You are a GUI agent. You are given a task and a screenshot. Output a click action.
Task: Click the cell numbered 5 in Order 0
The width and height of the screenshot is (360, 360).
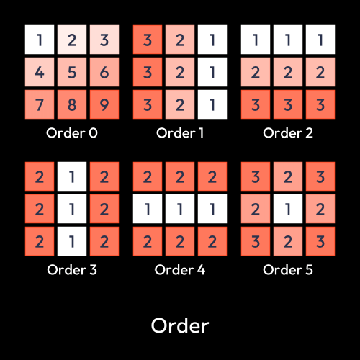(x=72, y=72)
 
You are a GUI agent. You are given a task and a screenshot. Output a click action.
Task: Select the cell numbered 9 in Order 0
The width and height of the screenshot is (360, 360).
(x=104, y=104)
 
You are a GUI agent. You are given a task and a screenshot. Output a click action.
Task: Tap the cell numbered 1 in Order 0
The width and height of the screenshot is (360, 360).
(x=40, y=40)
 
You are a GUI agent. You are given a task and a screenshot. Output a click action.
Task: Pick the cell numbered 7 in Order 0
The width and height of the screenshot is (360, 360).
(x=40, y=104)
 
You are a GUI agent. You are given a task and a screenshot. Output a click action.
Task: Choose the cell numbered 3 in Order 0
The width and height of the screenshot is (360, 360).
(x=104, y=40)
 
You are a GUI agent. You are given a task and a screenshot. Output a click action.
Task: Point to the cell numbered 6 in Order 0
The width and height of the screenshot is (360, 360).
(x=104, y=72)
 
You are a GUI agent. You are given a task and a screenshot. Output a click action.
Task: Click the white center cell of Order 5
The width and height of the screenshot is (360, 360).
(x=288, y=209)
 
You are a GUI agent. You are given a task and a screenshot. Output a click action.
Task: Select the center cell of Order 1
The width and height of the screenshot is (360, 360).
(x=180, y=72)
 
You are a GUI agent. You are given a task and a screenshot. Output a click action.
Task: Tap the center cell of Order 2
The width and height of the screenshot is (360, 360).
(x=288, y=72)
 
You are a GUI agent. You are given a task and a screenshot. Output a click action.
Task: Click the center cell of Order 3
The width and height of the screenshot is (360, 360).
(x=72, y=209)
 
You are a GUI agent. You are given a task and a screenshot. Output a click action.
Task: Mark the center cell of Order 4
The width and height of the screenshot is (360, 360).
(x=180, y=209)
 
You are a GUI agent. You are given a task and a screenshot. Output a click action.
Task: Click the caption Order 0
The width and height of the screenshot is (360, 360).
(x=72, y=133)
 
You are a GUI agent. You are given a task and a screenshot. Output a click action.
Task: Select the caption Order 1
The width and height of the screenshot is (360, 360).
(x=180, y=133)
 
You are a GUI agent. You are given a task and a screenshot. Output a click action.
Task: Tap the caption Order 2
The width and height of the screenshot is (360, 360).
(x=288, y=133)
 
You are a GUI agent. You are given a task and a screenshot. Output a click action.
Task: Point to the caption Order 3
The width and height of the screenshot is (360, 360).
(x=72, y=270)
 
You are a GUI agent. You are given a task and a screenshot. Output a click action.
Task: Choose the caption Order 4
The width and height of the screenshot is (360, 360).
(x=180, y=270)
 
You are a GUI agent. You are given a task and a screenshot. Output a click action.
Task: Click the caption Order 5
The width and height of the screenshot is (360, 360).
(x=288, y=270)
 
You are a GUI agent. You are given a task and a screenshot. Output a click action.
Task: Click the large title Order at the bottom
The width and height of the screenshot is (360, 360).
(x=180, y=325)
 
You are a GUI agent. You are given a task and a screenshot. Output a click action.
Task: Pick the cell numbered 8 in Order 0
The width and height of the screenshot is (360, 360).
(x=72, y=104)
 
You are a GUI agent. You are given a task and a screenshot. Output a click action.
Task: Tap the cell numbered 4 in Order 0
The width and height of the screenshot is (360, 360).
(x=40, y=72)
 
